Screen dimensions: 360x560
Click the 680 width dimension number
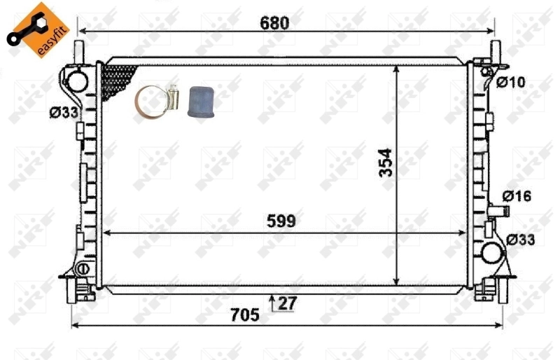(x=274, y=22)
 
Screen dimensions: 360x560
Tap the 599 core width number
(x=281, y=221)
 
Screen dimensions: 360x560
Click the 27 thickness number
(x=287, y=303)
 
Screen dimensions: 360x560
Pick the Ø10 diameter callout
(x=510, y=83)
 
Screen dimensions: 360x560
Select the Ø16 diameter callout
(x=517, y=197)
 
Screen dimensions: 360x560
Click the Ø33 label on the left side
(x=63, y=111)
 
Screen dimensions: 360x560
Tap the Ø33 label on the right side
(x=521, y=240)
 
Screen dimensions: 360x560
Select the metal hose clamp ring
(x=153, y=101)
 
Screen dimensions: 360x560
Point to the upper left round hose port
(x=76, y=80)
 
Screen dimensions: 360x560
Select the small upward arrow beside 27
(x=272, y=302)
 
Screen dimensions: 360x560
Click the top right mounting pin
(x=495, y=51)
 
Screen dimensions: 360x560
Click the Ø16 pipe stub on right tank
(x=500, y=209)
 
